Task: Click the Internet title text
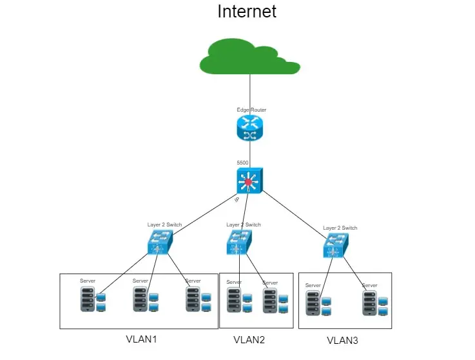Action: click(x=247, y=12)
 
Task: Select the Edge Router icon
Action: click(x=250, y=128)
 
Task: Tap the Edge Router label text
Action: click(x=251, y=110)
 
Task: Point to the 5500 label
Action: click(x=243, y=163)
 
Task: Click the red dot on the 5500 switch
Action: click(x=249, y=183)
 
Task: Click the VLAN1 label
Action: click(x=142, y=339)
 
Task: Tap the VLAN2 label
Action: click(x=249, y=340)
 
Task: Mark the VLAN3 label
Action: click(x=343, y=341)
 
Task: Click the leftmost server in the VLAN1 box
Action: click(x=87, y=299)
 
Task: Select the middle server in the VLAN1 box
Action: click(x=140, y=299)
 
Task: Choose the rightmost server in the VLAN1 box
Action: click(x=193, y=299)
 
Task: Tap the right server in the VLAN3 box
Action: click(x=369, y=303)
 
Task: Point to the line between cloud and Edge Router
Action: click(x=250, y=90)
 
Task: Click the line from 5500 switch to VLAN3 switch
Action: click(x=293, y=214)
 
